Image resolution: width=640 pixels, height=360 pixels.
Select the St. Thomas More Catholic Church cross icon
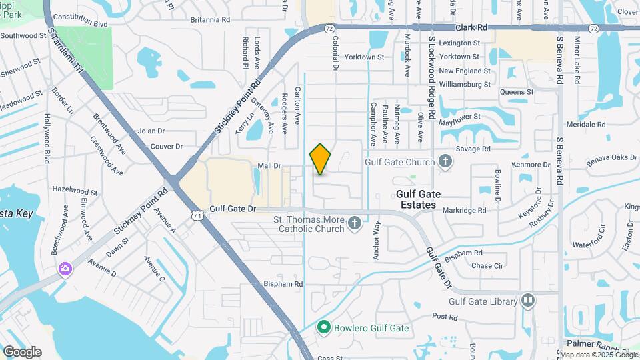[355, 223]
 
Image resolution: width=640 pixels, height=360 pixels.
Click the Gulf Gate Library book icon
[529, 301]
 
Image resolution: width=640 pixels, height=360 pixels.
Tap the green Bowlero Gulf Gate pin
[324, 327]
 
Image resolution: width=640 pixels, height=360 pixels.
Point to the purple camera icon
[65, 269]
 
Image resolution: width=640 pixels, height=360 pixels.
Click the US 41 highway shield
[196, 216]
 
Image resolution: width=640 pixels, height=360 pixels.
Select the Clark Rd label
[472, 28]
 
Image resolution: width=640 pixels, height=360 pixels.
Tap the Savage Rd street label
[474, 149]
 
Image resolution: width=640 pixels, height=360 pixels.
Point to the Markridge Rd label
[464, 211]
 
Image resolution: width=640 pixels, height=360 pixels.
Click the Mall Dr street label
[270, 165]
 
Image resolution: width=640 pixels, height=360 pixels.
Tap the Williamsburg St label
[465, 85]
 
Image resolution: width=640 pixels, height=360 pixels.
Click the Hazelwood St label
[75, 190]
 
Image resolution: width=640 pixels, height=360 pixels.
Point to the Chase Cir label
[487, 265]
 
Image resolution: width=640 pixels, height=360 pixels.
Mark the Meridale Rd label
[585, 125]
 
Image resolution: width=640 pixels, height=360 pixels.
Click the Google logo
[22, 352]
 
